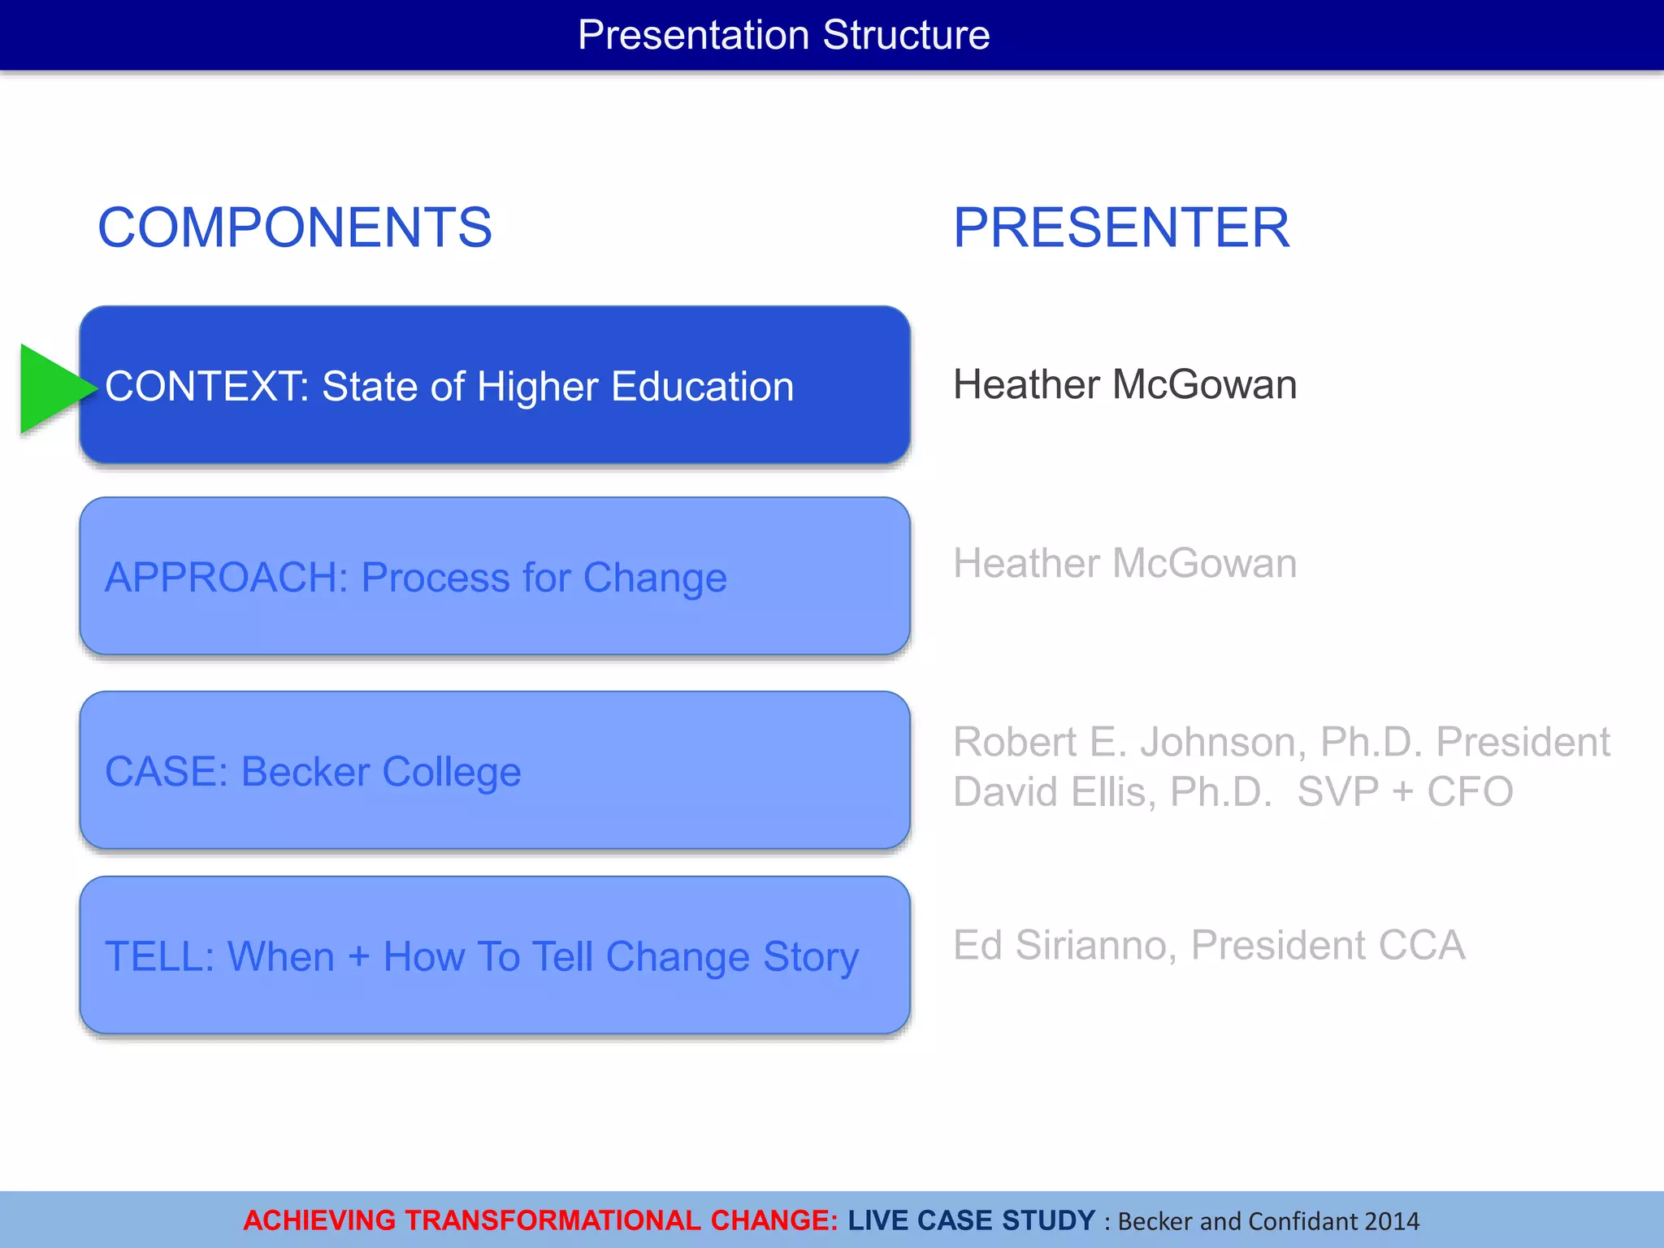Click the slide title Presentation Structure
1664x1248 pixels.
783,36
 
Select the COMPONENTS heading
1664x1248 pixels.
295,227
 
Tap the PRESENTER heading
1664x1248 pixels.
1121,227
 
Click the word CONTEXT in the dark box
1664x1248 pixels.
206,387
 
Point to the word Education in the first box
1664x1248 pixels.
702,387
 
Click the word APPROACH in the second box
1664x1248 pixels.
226,578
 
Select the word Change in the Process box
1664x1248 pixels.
655,578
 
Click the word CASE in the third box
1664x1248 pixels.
166,772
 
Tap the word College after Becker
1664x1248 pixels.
451,772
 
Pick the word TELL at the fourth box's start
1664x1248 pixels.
159,956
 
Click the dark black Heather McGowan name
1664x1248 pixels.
1124,384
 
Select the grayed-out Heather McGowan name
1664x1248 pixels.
1124,563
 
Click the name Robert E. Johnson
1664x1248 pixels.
1129,742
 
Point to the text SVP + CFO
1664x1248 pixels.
1405,792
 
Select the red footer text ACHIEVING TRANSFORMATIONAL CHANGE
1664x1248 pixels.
540,1220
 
